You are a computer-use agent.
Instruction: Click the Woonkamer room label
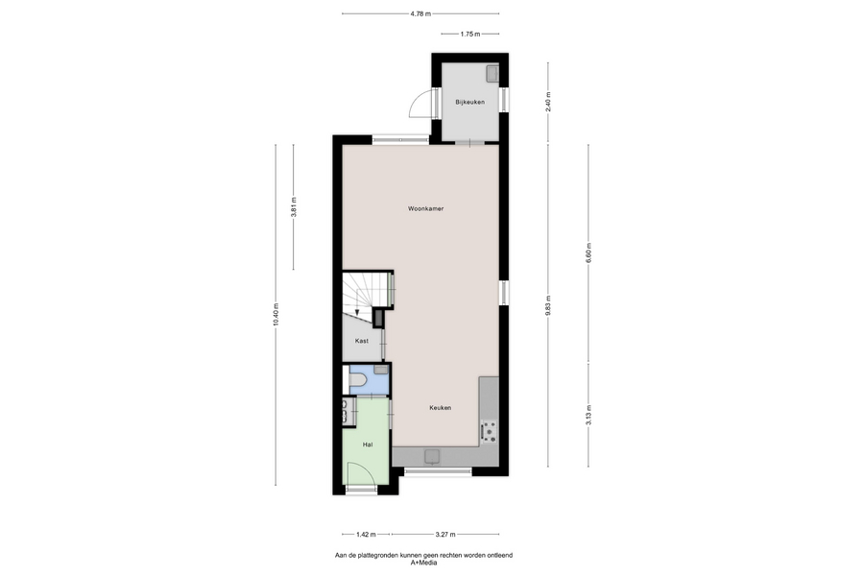[x=425, y=209]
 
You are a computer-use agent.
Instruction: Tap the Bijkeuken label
[x=470, y=102]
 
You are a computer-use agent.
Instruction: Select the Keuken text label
[x=441, y=408]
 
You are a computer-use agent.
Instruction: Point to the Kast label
[x=362, y=341]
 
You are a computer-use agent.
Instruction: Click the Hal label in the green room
[x=368, y=444]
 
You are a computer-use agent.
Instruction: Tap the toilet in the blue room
[x=358, y=380]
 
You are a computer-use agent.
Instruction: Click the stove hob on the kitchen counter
[x=489, y=432]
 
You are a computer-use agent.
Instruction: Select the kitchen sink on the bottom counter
[x=432, y=456]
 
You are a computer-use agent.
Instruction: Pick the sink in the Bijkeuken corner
[x=492, y=73]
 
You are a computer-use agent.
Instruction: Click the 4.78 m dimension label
[x=420, y=14]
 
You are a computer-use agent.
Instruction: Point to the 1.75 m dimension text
[x=470, y=35]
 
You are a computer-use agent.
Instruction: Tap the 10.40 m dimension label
[x=276, y=315]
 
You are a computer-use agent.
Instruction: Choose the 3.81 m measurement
[x=294, y=207]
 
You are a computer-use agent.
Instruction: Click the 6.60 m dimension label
[x=588, y=253]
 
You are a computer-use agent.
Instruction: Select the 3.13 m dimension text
[x=588, y=415]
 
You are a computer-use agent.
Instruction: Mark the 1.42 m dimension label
[x=366, y=534]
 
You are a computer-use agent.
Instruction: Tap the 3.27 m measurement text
[x=445, y=534]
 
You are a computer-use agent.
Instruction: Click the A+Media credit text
[x=423, y=563]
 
